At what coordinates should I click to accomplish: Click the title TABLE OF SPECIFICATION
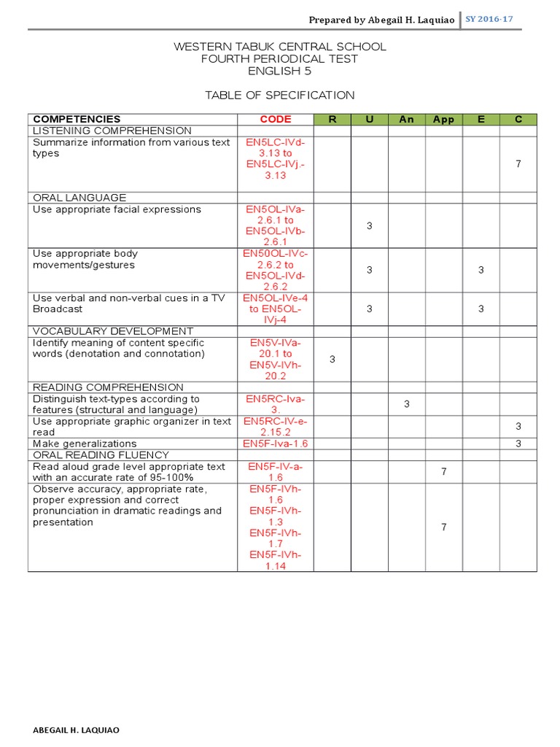tap(280, 95)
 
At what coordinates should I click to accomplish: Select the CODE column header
tap(275, 120)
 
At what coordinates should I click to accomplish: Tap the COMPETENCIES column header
tap(77, 120)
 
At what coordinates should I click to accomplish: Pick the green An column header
tap(406, 120)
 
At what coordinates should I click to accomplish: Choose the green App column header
tap(443, 120)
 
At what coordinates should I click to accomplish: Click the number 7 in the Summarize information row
tap(518, 164)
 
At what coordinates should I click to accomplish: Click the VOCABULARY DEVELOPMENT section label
tap(113, 331)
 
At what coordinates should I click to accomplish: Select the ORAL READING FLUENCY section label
tap(101, 454)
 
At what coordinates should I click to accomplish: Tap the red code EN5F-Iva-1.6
tap(275, 444)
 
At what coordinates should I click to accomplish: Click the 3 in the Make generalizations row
tap(518, 444)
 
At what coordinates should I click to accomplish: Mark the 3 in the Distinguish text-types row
tap(406, 404)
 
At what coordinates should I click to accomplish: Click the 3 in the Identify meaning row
tap(332, 359)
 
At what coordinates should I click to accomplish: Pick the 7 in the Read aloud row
tap(443, 471)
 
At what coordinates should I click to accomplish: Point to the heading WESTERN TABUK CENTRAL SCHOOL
tap(280, 47)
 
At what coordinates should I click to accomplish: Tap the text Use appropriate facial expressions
tap(117, 209)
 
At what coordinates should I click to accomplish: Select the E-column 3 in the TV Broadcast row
tap(481, 309)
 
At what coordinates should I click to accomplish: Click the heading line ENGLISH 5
tap(280, 71)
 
